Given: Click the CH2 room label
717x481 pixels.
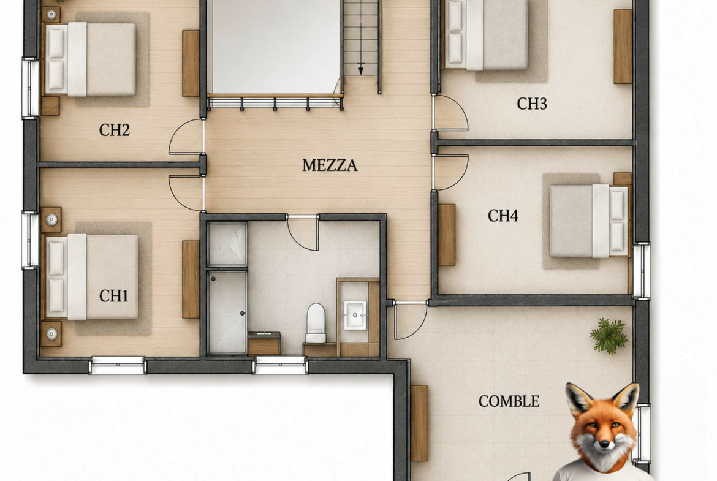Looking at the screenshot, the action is (x=115, y=131).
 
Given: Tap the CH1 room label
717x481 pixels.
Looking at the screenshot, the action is (x=114, y=296).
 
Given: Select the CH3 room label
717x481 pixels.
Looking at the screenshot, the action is (x=532, y=104).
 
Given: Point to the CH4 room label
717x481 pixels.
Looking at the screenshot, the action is (x=503, y=215).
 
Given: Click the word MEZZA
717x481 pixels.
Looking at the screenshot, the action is (x=330, y=165).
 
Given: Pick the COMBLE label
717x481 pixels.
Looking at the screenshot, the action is (x=509, y=401).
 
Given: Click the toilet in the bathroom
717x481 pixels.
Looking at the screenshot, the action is (x=316, y=323).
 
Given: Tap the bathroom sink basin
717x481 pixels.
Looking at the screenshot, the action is (x=355, y=314).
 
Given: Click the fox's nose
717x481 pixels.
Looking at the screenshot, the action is (x=604, y=444).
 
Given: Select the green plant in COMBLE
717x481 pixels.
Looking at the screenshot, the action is (x=609, y=336).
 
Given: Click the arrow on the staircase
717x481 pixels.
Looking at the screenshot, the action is (x=361, y=69).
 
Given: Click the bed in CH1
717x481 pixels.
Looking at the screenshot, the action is (x=91, y=277).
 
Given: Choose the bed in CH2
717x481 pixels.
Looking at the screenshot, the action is (x=90, y=59).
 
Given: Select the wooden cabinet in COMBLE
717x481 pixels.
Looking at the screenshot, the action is (x=419, y=423).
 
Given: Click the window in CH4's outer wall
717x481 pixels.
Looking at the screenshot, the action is (x=641, y=271).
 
